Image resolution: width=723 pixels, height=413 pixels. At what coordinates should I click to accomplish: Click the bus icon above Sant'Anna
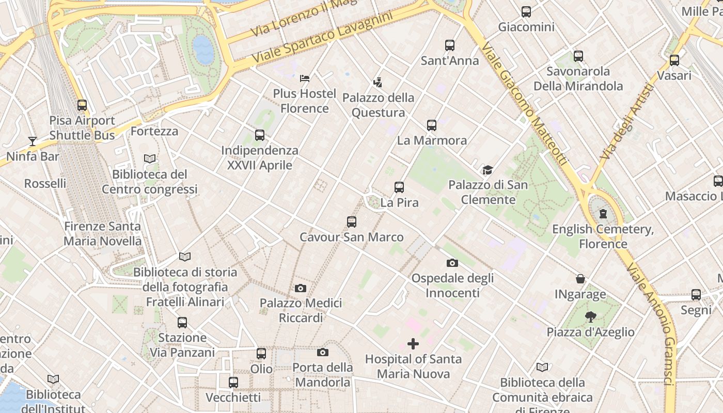[450, 45]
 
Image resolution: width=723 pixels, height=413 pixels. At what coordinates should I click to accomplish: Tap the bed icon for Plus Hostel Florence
[305, 78]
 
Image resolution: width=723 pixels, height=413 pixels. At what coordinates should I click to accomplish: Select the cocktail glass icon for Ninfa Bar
[33, 141]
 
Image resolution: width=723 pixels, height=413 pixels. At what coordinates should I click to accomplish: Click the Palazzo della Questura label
[378, 105]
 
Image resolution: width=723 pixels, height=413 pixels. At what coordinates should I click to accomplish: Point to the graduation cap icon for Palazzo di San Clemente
[488, 170]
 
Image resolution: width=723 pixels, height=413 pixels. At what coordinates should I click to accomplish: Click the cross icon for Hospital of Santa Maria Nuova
[413, 343]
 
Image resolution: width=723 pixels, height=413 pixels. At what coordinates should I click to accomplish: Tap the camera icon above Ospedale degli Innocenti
[452, 263]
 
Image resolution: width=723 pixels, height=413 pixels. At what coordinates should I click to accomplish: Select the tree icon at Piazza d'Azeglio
[591, 317]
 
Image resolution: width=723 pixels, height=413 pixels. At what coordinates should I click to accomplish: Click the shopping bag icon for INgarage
[580, 279]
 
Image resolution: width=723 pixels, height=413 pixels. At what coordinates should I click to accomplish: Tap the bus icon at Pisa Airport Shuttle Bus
[82, 105]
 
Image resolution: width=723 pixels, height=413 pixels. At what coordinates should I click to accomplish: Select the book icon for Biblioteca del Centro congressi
[150, 159]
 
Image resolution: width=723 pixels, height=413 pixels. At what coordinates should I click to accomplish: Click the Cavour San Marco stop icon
[352, 222]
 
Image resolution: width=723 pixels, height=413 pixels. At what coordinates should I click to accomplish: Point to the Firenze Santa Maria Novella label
[102, 234]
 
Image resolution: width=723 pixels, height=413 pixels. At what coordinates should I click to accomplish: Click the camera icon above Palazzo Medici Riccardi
[301, 288]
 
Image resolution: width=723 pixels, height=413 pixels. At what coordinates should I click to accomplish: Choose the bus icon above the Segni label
[696, 295]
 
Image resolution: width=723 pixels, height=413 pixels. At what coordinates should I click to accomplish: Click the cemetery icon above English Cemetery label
[603, 213]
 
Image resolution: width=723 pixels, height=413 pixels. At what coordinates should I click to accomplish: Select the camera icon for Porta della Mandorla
[323, 353]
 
